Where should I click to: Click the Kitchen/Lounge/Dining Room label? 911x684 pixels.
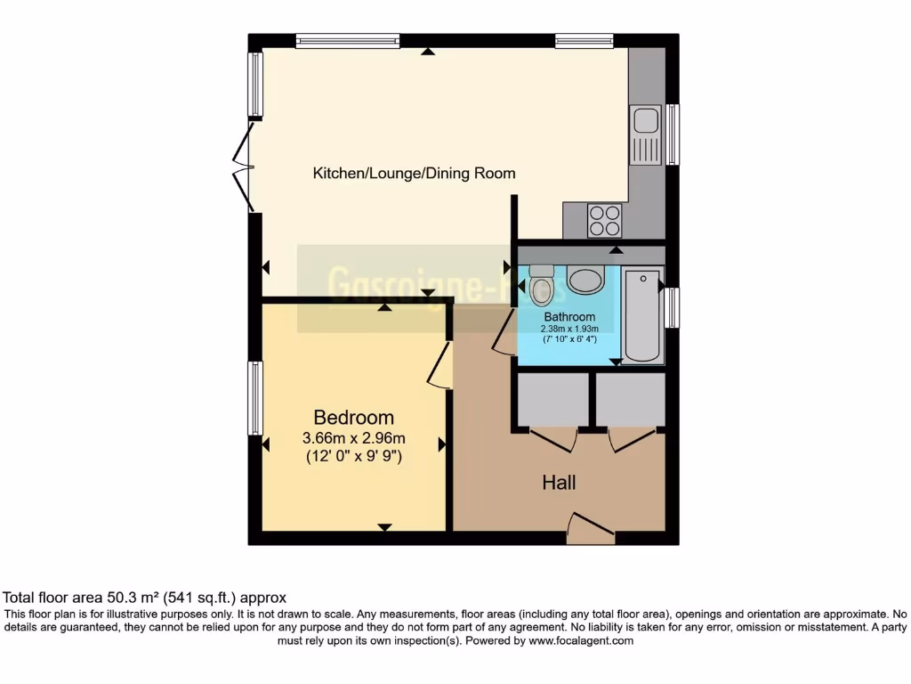[x=414, y=173]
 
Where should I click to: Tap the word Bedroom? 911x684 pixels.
[x=353, y=418]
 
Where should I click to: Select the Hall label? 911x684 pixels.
[x=559, y=483]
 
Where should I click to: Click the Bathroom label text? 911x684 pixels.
[x=569, y=317]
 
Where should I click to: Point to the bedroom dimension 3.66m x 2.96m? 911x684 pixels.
[x=353, y=438]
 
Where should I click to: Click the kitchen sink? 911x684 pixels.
[x=645, y=134]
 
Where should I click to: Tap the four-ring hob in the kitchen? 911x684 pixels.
[x=604, y=219]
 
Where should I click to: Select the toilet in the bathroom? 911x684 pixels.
[x=541, y=284]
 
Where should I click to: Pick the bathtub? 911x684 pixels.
[x=642, y=314]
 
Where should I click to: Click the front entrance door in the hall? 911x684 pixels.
[x=591, y=529]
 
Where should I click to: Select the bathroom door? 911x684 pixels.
[x=504, y=333]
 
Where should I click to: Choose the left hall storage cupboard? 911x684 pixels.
[x=552, y=400]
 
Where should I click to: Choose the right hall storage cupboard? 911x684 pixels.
[x=630, y=400]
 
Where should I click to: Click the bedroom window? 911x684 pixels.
[x=255, y=398]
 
